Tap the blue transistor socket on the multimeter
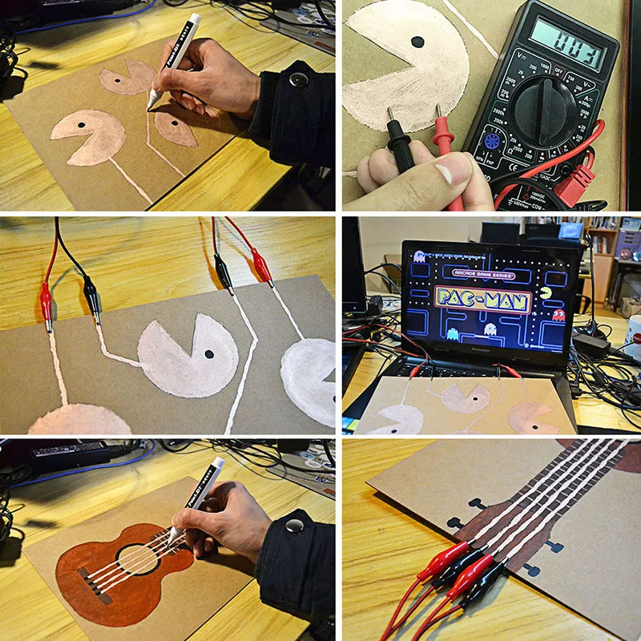tap(490, 142)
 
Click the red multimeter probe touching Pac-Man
tap(442, 136)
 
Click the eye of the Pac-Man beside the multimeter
tap(417, 42)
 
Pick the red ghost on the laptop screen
tap(558, 315)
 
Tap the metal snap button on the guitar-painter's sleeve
tap(294, 526)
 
